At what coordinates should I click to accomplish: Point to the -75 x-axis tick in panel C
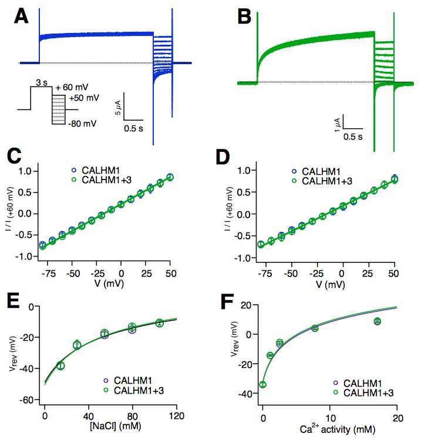click(x=51, y=273)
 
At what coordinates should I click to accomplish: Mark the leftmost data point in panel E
click(x=60, y=365)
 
